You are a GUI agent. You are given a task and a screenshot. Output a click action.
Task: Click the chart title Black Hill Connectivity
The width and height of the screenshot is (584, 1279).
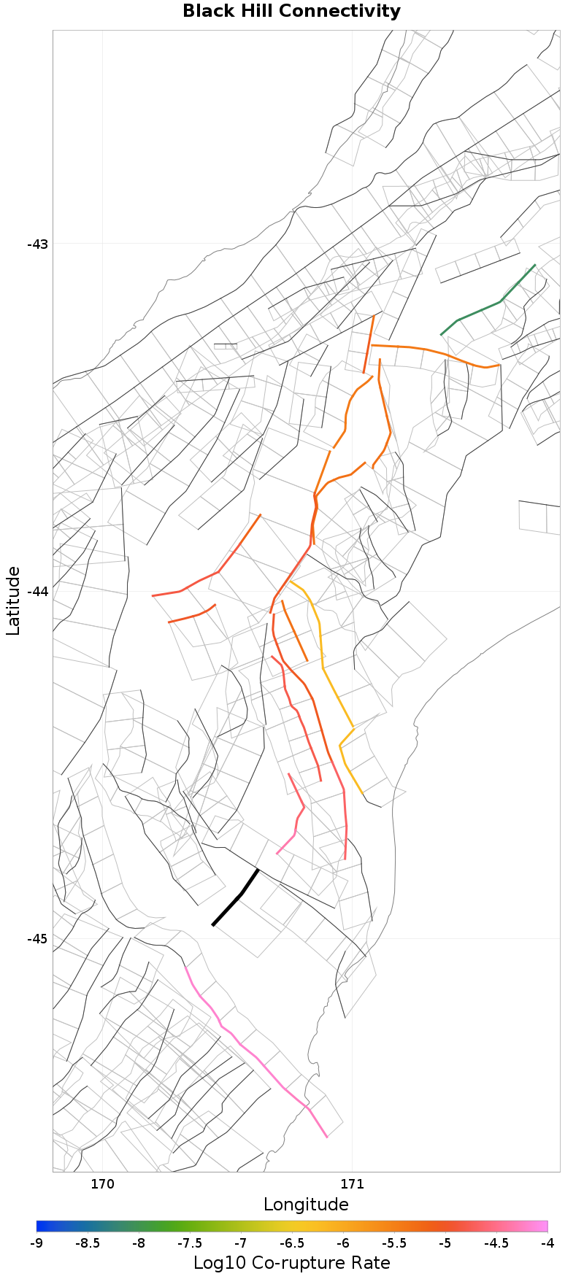click(x=291, y=12)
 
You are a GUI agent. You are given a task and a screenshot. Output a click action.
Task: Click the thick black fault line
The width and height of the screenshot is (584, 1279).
click(x=241, y=894)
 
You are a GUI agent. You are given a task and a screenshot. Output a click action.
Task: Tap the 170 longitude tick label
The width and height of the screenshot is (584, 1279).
click(x=102, y=1184)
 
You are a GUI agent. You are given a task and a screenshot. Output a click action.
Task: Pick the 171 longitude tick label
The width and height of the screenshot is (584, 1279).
click(x=353, y=1184)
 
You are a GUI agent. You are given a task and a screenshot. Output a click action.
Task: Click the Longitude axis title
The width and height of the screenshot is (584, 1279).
click(x=306, y=1205)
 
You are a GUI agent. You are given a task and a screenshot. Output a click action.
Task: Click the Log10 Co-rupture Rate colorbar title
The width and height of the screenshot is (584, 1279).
click(x=291, y=1263)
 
